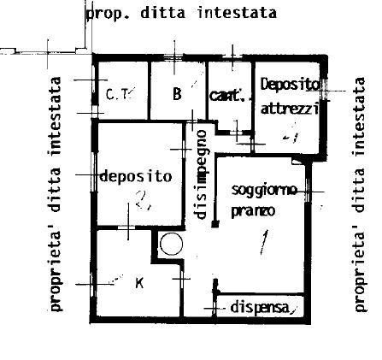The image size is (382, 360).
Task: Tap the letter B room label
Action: [x=177, y=93]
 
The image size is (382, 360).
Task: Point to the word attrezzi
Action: [x=290, y=109]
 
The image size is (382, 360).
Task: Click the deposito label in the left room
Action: [x=136, y=176]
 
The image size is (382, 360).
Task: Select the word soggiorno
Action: [x=264, y=190]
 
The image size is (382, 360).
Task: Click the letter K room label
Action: [x=139, y=281]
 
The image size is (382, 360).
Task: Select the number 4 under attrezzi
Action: [x=291, y=133]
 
